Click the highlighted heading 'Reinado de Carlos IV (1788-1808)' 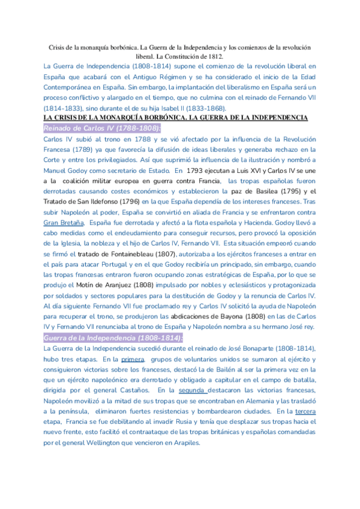(x=102, y=128)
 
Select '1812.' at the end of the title (x=221, y=56)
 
